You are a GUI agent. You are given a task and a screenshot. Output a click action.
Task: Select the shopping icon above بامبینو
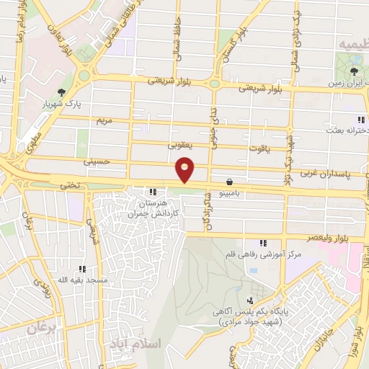pos(229,182)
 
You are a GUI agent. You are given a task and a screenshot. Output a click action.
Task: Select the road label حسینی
pos(97,162)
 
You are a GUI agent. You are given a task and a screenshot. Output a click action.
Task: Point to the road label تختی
pos(70,184)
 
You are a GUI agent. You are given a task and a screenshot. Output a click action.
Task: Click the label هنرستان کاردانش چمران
pos(152,209)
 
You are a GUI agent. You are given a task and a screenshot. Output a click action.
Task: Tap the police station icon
pos(250,301)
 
